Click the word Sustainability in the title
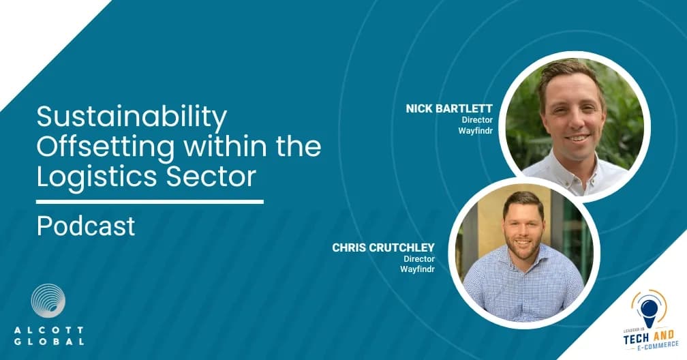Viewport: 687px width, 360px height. [132, 117]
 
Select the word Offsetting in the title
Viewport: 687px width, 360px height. [106, 147]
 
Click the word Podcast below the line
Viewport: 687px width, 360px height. [86, 226]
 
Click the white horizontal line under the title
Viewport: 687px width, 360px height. [150, 202]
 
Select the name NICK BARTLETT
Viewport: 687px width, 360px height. [449, 108]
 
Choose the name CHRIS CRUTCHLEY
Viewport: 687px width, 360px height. [383, 247]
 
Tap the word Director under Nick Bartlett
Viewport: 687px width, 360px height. [477, 120]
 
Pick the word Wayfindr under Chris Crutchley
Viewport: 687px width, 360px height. [417, 269]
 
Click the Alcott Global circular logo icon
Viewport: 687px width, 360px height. [48, 301]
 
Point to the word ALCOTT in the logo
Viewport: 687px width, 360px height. [48, 330]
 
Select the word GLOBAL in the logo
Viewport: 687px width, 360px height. [48, 342]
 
